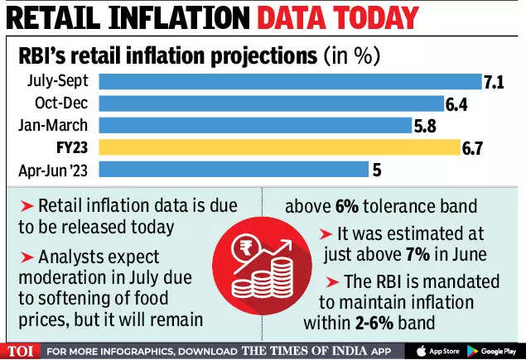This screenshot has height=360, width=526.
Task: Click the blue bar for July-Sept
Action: tap(290, 81)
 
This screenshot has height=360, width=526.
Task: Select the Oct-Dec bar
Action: tap(272, 103)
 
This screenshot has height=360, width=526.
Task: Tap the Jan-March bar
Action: tap(256, 125)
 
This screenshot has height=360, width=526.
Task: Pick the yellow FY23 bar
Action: tap(279, 147)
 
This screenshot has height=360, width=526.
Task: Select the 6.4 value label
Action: tap(458, 103)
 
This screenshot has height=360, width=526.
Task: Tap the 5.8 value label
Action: tap(427, 125)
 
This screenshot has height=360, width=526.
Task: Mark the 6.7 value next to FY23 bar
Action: tap(474, 147)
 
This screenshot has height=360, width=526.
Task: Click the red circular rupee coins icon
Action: tap(262, 262)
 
